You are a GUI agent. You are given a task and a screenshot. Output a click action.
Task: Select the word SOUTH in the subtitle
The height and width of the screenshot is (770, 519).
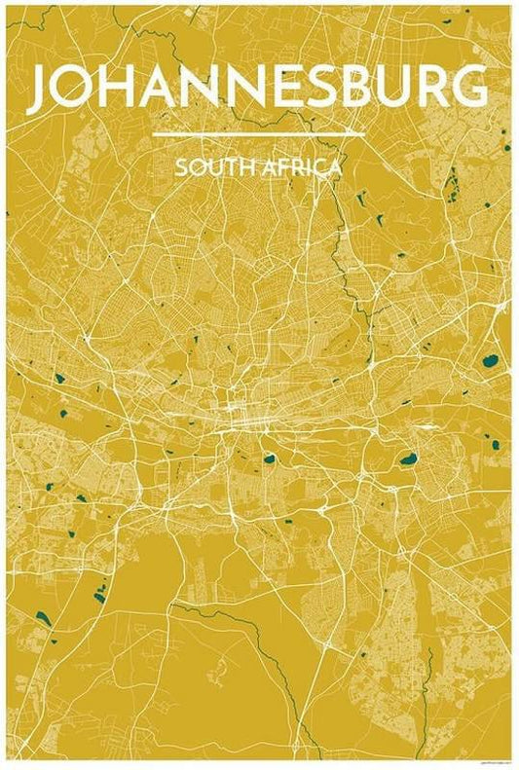pyautogui.click(x=202, y=167)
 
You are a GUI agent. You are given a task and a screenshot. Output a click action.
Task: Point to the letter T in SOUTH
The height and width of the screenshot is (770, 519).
pyautogui.click(x=218, y=167)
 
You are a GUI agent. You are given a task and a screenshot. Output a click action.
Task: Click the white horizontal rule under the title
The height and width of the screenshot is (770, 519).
pyautogui.click(x=259, y=134)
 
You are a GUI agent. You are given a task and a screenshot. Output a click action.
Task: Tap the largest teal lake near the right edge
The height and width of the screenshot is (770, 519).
pyautogui.click(x=489, y=362)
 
